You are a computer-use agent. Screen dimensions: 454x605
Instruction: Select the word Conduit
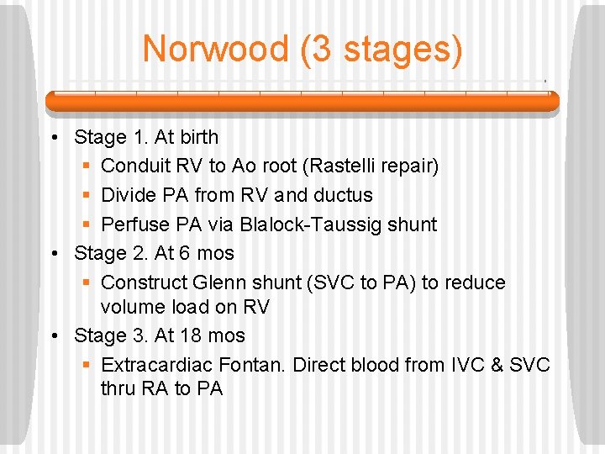(x=136, y=166)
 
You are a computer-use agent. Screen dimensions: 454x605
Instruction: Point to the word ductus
(x=343, y=195)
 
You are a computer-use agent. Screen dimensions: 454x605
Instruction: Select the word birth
(x=198, y=137)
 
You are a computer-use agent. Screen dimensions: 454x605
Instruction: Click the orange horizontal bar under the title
(x=302, y=101)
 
